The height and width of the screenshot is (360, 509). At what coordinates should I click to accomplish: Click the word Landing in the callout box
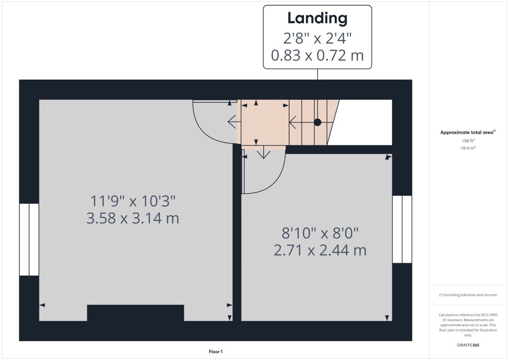click(317, 18)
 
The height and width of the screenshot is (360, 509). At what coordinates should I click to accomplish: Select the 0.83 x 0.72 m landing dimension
click(317, 56)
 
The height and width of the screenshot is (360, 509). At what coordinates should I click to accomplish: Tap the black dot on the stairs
click(318, 122)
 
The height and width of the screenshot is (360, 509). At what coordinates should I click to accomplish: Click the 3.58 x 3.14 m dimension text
click(133, 218)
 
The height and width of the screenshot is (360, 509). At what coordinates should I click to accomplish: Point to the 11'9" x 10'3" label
click(133, 202)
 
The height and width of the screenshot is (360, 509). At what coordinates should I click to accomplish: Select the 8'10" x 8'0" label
click(320, 233)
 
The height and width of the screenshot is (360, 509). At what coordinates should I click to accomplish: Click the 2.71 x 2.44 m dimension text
click(320, 250)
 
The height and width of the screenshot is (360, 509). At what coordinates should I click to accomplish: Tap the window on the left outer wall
click(29, 239)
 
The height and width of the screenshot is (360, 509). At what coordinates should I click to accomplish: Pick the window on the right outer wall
click(402, 229)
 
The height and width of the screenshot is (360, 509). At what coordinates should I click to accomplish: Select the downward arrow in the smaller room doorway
click(264, 153)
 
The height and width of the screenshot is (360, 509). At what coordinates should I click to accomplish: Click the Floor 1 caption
click(216, 351)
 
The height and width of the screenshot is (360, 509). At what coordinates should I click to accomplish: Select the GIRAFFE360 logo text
click(468, 345)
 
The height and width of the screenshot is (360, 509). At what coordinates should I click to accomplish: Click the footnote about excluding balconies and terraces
click(468, 295)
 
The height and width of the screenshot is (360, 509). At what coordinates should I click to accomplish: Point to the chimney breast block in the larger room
click(136, 313)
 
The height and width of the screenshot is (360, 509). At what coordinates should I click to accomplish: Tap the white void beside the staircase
click(364, 122)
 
